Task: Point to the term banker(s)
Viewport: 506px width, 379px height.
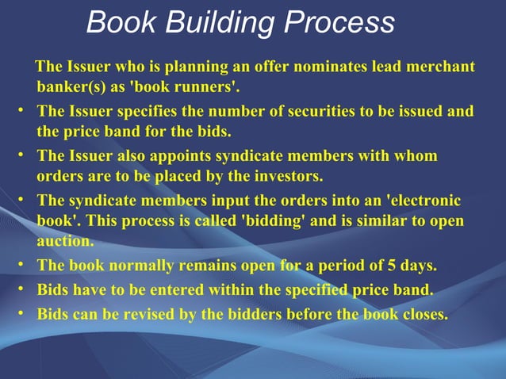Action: click(x=70, y=85)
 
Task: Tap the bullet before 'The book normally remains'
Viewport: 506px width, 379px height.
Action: click(x=20, y=264)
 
